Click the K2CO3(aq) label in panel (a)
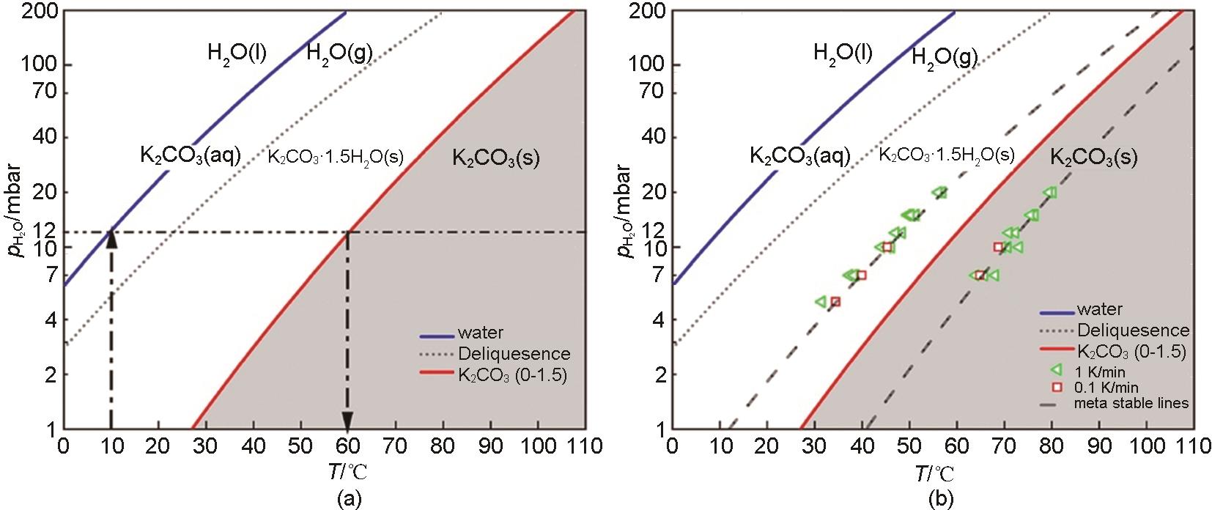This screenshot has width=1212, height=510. [191, 155]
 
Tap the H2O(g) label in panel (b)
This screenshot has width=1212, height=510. [945, 58]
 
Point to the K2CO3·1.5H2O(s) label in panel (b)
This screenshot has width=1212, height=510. [946, 155]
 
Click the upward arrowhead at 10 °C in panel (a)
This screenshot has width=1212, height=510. [111, 239]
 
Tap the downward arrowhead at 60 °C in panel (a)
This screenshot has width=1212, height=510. [348, 421]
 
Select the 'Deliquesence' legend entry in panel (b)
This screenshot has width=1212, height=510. [1133, 330]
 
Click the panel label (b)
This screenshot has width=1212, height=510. [942, 500]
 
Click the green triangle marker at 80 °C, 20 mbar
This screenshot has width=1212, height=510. [1050, 193]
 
